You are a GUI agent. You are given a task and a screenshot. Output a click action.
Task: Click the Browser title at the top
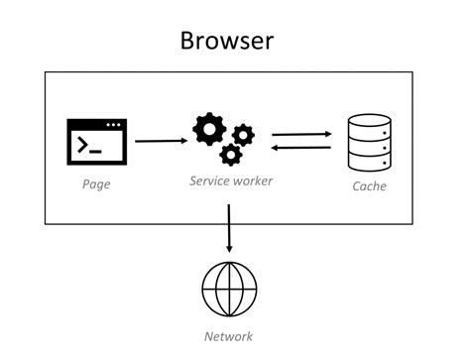point(227,41)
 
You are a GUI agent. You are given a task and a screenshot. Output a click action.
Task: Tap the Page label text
point(95,184)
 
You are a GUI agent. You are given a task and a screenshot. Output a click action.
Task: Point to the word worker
point(251,181)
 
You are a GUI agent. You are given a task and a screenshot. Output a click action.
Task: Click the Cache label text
point(369,186)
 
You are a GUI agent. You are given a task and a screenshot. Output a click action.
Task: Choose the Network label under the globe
point(228,336)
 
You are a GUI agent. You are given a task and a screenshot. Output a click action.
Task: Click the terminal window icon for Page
point(97,143)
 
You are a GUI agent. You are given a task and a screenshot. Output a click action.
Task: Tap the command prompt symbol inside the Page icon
point(90,147)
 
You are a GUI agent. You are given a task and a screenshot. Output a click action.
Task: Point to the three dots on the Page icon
point(115,126)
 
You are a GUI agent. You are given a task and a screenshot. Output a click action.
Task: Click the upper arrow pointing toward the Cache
point(301,133)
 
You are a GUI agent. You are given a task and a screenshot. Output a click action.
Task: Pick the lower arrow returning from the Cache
point(301,148)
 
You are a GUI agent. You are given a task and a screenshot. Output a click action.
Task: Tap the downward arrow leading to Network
point(229,227)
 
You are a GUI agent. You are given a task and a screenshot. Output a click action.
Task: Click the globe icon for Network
point(228,289)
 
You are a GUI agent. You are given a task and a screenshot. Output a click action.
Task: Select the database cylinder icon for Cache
point(369,144)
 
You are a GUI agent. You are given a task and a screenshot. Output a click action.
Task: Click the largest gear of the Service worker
point(210,129)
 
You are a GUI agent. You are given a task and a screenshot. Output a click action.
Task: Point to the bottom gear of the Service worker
point(230,154)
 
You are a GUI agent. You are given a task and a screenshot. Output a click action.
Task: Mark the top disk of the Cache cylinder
point(369,125)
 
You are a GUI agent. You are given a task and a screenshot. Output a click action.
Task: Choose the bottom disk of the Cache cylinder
point(369,163)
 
